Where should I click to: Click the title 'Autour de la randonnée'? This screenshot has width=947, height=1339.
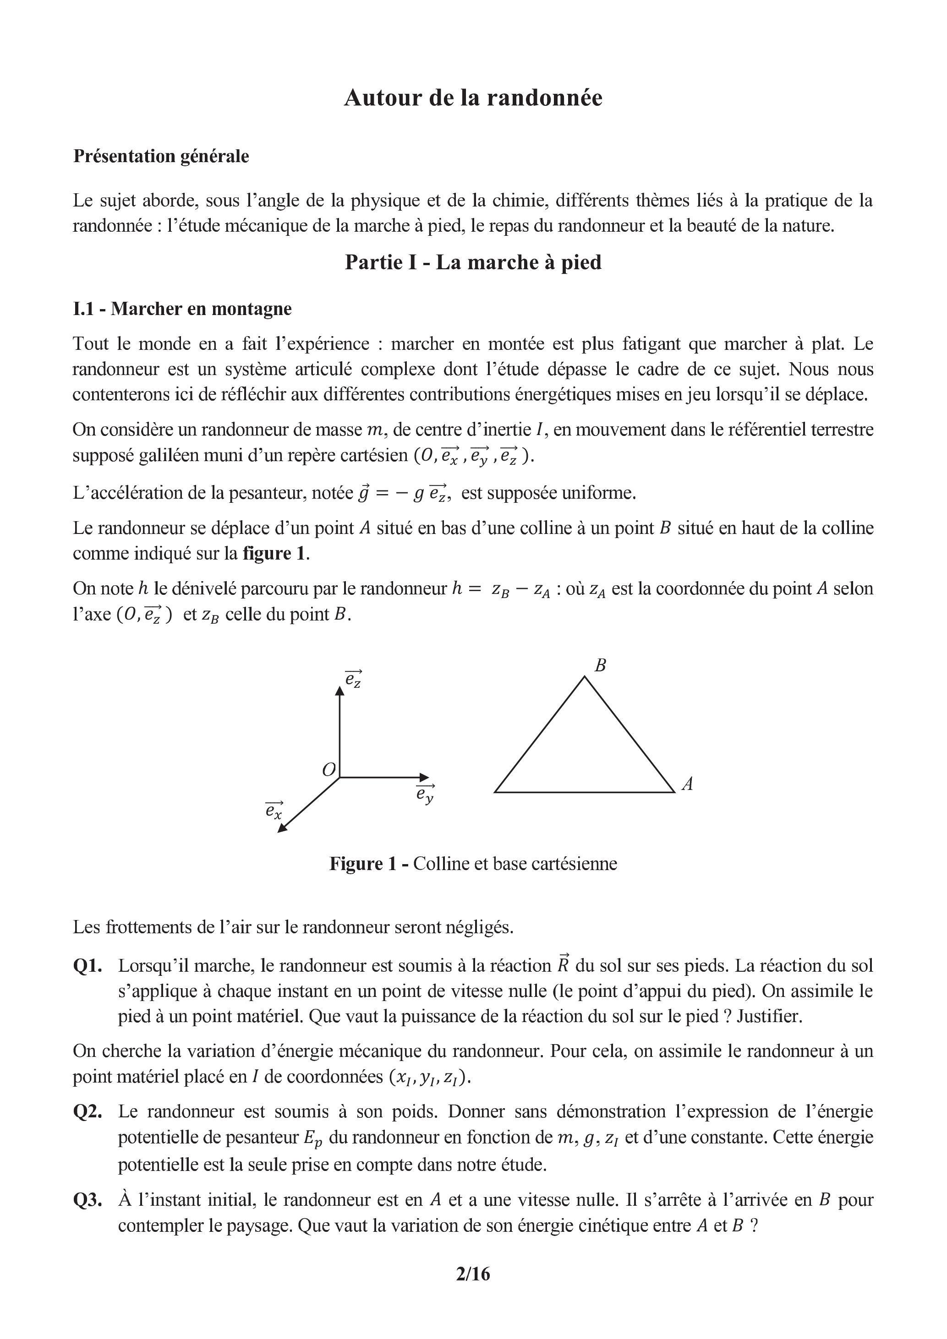pos(473,98)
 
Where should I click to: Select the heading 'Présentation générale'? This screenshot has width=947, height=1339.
pos(161,156)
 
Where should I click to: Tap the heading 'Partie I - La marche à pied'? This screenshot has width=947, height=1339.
pos(473,262)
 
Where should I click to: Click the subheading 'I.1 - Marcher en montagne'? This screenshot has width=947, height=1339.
pos(182,309)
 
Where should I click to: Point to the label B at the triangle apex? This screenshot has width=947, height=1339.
pos(600,665)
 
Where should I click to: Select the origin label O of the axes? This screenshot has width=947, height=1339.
pos(329,770)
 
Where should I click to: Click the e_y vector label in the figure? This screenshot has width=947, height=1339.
pos(425,795)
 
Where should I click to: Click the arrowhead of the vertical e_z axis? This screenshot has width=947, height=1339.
pos(339,691)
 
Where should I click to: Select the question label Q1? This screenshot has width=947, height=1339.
pos(88,966)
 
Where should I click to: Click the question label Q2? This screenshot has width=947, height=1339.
pos(88,1111)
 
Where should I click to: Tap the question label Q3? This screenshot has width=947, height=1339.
pos(88,1200)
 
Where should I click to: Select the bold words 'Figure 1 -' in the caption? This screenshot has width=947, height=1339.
pos(369,864)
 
